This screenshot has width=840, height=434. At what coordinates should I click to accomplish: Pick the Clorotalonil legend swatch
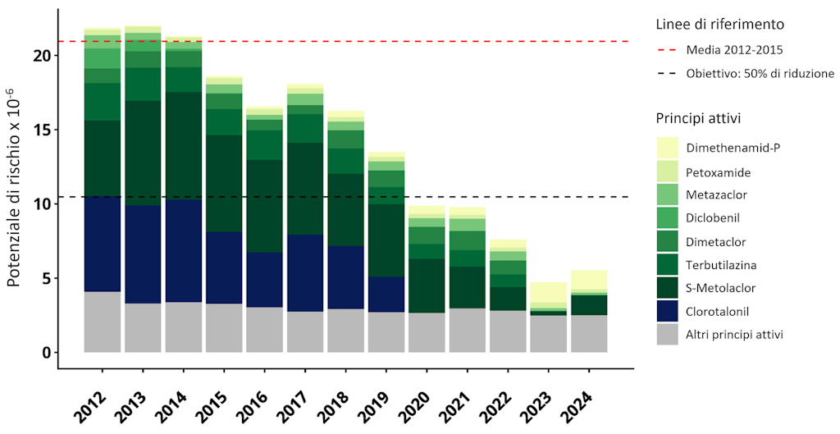click(x=667, y=311)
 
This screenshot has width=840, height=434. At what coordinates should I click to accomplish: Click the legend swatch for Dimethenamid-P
click(x=667, y=148)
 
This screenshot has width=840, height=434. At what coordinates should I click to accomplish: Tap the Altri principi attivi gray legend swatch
click(x=667, y=334)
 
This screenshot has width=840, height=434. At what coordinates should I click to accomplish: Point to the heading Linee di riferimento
click(x=719, y=24)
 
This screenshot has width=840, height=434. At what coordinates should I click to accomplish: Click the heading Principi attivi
click(x=698, y=118)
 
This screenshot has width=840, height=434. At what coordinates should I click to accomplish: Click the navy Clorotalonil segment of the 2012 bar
click(x=103, y=244)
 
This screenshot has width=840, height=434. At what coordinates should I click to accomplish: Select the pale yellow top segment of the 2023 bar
click(x=547, y=292)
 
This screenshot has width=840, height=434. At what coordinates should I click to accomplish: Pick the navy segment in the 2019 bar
click(x=386, y=295)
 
